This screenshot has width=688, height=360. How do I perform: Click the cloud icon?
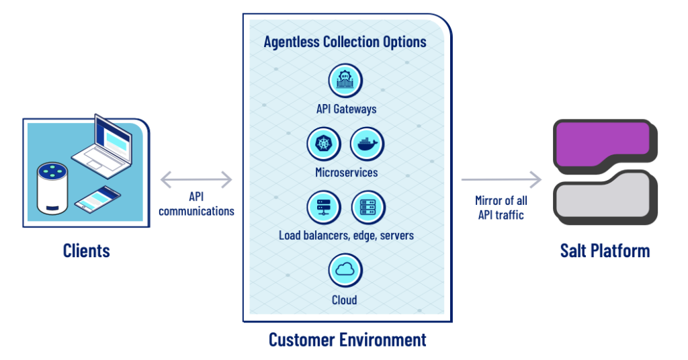[x=345, y=270]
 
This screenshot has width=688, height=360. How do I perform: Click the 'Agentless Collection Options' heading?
[x=345, y=42]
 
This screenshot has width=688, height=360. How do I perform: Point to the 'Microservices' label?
[x=346, y=173]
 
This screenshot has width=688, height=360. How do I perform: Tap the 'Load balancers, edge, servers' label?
[x=346, y=236]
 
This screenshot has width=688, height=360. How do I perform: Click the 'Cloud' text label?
[x=345, y=300]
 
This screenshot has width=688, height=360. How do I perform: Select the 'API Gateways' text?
[x=346, y=109]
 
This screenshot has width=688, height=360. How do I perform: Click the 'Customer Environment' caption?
[x=347, y=339]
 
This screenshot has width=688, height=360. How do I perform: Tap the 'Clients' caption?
[x=86, y=251]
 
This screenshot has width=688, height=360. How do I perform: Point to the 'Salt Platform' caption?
[x=605, y=251]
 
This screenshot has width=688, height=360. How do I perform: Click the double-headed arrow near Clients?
[x=196, y=179]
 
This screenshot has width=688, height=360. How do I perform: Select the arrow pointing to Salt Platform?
[x=501, y=179]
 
